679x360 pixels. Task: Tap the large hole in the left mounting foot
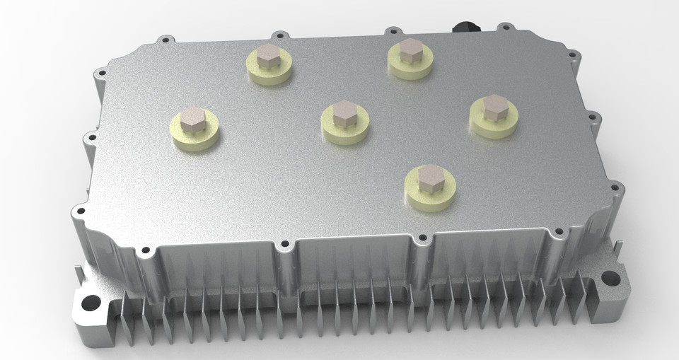(x=91, y=303)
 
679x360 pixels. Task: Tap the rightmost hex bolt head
(x=494, y=107)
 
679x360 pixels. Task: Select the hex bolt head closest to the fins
(x=429, y=178)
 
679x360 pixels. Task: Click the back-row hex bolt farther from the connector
(x=268, y=56)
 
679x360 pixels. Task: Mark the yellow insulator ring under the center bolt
(x=344, y=132)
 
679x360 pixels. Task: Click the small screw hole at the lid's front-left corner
(x=81, y=210)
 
